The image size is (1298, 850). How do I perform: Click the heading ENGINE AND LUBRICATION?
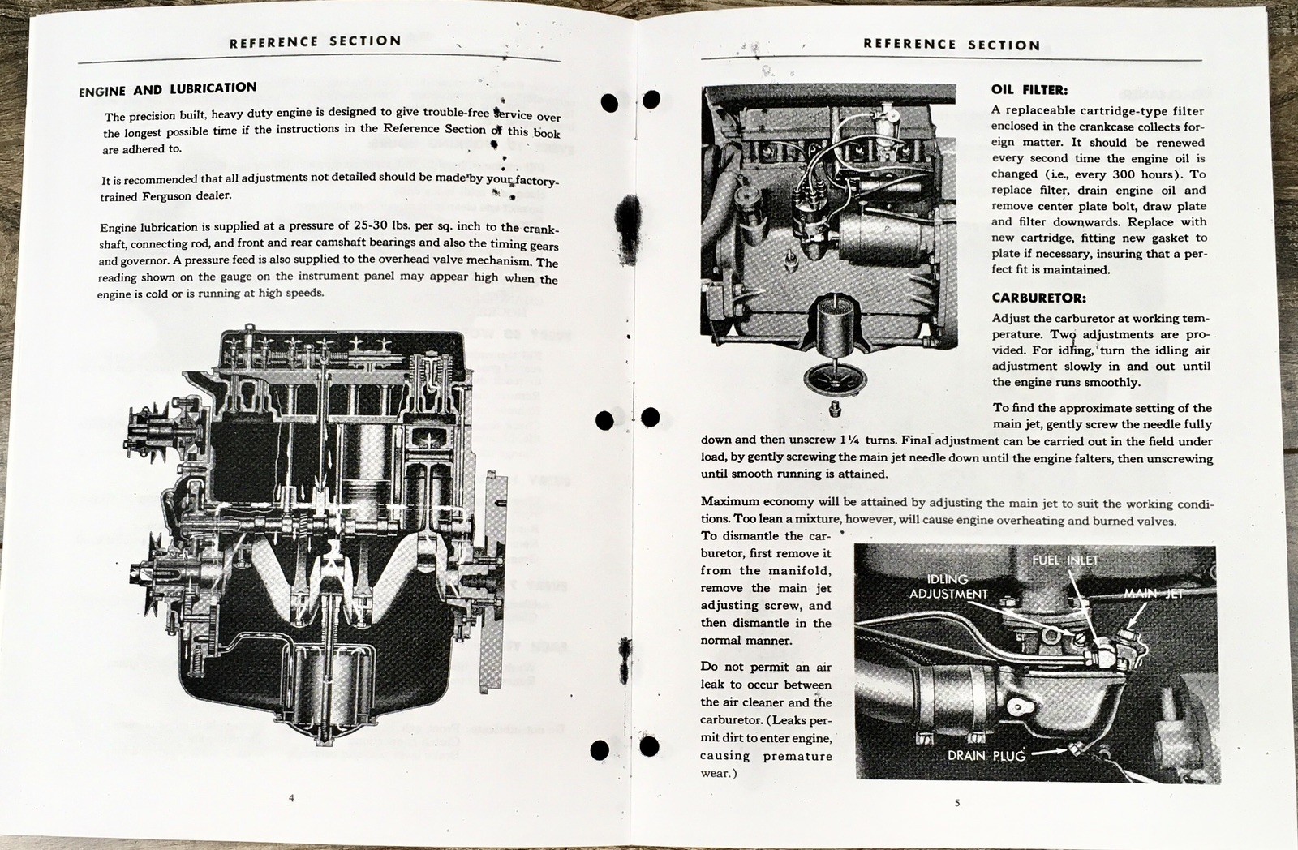[x=167, y=90]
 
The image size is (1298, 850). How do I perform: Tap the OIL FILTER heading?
[x=1029, y=90]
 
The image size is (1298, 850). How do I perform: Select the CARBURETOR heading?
[x=1038, y=298]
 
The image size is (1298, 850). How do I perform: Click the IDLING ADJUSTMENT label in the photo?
[x=948, y=586]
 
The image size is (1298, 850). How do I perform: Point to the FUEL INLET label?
[x=1065, y=560]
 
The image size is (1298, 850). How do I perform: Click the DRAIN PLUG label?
[x=986, y=755]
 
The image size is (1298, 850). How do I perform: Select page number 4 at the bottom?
[x=291, y=798]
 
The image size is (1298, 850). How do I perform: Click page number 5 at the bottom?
[x=956, y=803]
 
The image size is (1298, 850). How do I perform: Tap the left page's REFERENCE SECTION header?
[x=315, y=41]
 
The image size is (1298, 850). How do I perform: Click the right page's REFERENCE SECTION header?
[x=951, y=45]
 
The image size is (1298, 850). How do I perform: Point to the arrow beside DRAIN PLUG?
[x=1051, y=752]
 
